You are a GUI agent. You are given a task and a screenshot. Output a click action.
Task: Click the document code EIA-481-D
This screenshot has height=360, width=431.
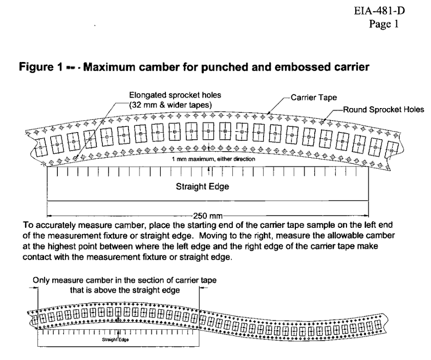379,11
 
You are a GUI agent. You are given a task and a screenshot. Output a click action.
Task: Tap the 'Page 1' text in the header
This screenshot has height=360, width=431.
383,24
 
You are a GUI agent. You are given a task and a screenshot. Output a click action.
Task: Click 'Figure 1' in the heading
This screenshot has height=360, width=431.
41,67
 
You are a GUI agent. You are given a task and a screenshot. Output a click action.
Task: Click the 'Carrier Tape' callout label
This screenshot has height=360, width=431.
314,98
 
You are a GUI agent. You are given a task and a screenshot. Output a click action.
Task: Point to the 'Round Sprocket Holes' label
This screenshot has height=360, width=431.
383,110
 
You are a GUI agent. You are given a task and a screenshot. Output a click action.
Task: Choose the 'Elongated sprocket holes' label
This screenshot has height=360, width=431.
175,95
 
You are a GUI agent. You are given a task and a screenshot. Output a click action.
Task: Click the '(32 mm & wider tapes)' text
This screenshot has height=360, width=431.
170,105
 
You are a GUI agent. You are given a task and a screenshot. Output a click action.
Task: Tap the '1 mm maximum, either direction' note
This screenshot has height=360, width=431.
213,159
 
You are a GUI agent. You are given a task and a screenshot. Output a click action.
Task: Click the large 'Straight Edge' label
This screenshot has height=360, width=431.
202,186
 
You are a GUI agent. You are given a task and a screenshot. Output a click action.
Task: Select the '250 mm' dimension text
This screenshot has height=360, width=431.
207,216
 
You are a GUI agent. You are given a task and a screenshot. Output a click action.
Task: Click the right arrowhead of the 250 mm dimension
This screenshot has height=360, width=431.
366,216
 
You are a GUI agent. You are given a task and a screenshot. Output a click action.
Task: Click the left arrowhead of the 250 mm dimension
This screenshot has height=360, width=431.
50,216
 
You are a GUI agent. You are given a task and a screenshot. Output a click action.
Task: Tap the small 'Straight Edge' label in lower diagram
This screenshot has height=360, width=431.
115,340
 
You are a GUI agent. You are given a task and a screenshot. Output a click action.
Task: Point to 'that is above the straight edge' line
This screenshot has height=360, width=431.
125,290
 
